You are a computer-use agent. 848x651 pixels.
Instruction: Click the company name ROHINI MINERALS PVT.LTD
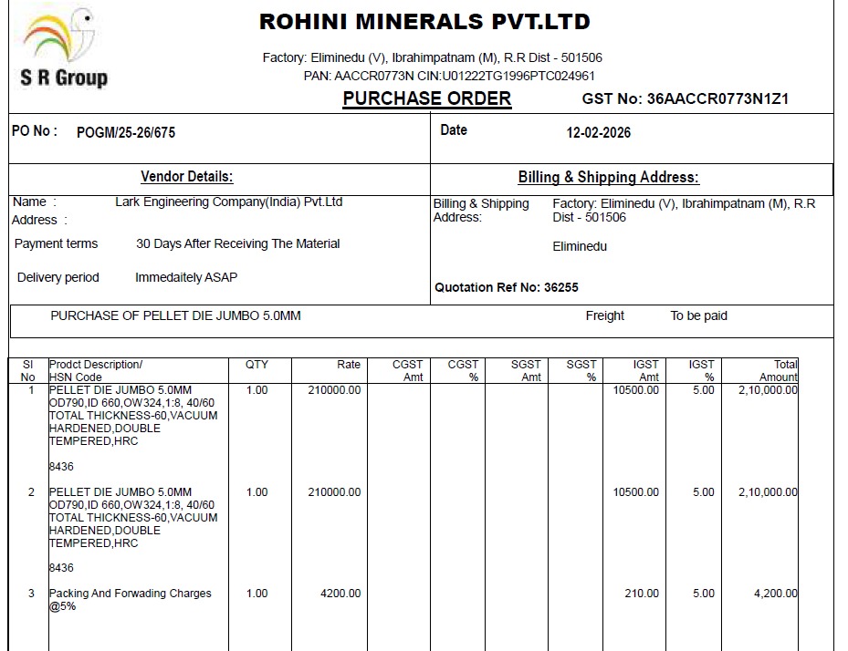(x=424, y=21)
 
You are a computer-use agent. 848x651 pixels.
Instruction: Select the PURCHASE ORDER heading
(x=426, y=98)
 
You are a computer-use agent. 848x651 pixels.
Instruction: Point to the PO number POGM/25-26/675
(x=126, y=132)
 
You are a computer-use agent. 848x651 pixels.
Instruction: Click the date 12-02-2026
(x=598, y=132)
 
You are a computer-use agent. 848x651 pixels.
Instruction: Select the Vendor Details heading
(x=186, y=177)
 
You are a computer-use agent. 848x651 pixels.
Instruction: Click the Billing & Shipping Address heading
(x=608, y=178)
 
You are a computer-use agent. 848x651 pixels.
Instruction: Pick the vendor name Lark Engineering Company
(x=228, y=202)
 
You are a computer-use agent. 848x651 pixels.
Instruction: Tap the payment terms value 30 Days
(x=237, y=244)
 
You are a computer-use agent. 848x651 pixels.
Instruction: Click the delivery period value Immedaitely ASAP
(x=185, y=277)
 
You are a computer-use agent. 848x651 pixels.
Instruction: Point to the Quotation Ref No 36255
(x=506, y=287)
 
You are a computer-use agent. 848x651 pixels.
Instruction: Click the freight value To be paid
(x=698, y=316)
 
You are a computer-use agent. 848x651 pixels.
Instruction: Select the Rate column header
(x=349, y=365)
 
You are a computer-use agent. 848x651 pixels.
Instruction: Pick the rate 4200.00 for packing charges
(x=340, y=594)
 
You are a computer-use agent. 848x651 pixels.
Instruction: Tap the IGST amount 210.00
(x=641, y=594)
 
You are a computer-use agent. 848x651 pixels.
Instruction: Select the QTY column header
(x=256, y=365)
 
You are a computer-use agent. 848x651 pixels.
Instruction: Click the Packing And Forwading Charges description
(x=130, y=594)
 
